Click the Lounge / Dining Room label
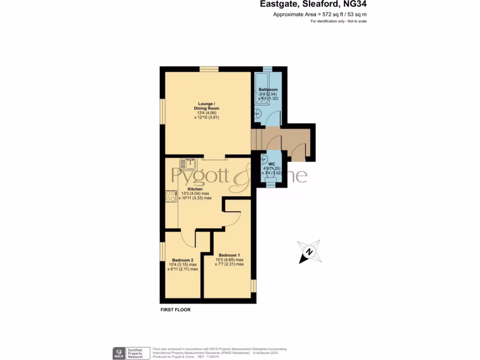pyautogui.click(x=206, y=106)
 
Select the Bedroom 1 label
pyautogui.click(x=229, y=255)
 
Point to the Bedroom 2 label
pyautogui.click(x=183, y=260)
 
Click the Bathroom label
pyautogui.click(x=268, y=90)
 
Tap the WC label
pyautogui.click(x=271, y=164)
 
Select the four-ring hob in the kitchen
pyautogui.click(x=171, y=196)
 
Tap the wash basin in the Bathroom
pyautogui.click(x=257, y=113)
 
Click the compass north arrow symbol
pyautogui.click(x=309, y=252)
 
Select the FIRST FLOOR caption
pyautogui.click(x=176, y=310)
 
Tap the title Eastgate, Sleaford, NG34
pyautogui.click(x=314, y=5)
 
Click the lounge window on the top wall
pyautogui.click(x=209, y=69)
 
